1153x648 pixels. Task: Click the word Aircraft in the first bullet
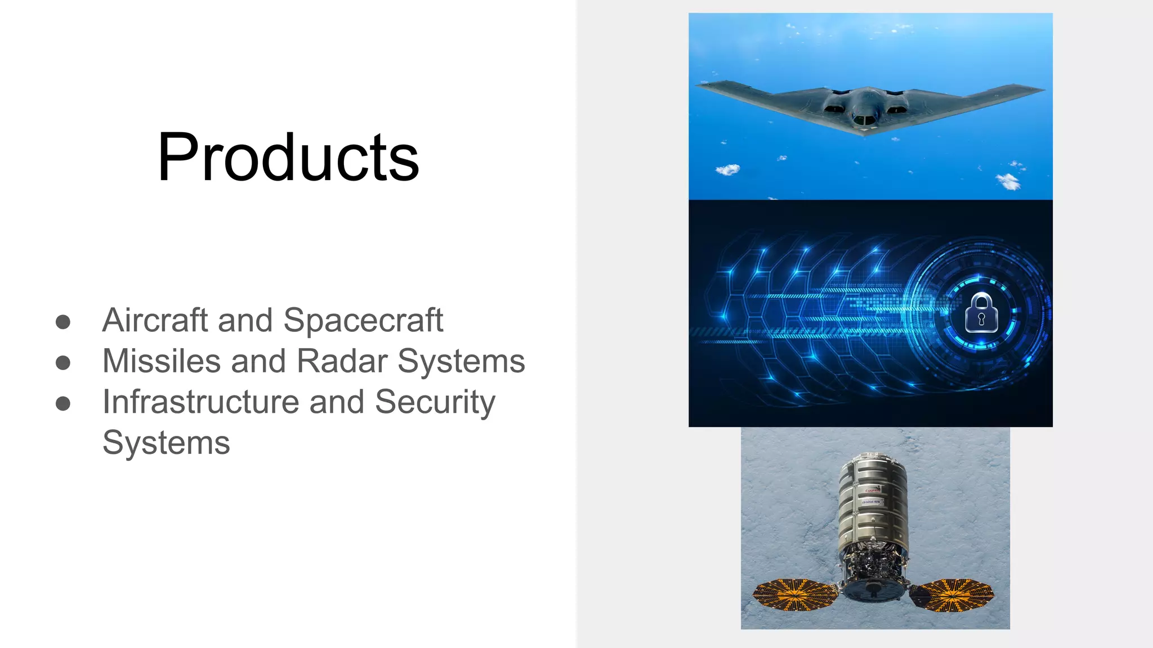click(x=155, y=320)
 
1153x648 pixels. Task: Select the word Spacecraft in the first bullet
click(x=363, y=321)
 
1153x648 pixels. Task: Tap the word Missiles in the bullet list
click(x=162, y=361)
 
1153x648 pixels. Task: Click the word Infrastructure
click(x=201, y=402)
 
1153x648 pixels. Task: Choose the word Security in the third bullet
click(x=435, y=403)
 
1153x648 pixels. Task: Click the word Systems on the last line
click(x=166, y=443)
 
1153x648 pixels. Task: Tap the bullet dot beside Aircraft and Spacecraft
click(x=63, y=322)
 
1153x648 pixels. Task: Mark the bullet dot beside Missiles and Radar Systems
click(x=63, y=362)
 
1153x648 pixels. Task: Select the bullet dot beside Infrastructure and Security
click(x=63, y=403)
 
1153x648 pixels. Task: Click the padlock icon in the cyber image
click(x=981, y=313)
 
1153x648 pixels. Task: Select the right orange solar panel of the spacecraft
click(x=952, y=595)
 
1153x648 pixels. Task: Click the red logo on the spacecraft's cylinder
click(x=873, y=490)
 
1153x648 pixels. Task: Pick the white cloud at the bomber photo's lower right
click(x=1008, y=181)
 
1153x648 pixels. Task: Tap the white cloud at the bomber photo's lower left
click(x=727, y=169)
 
